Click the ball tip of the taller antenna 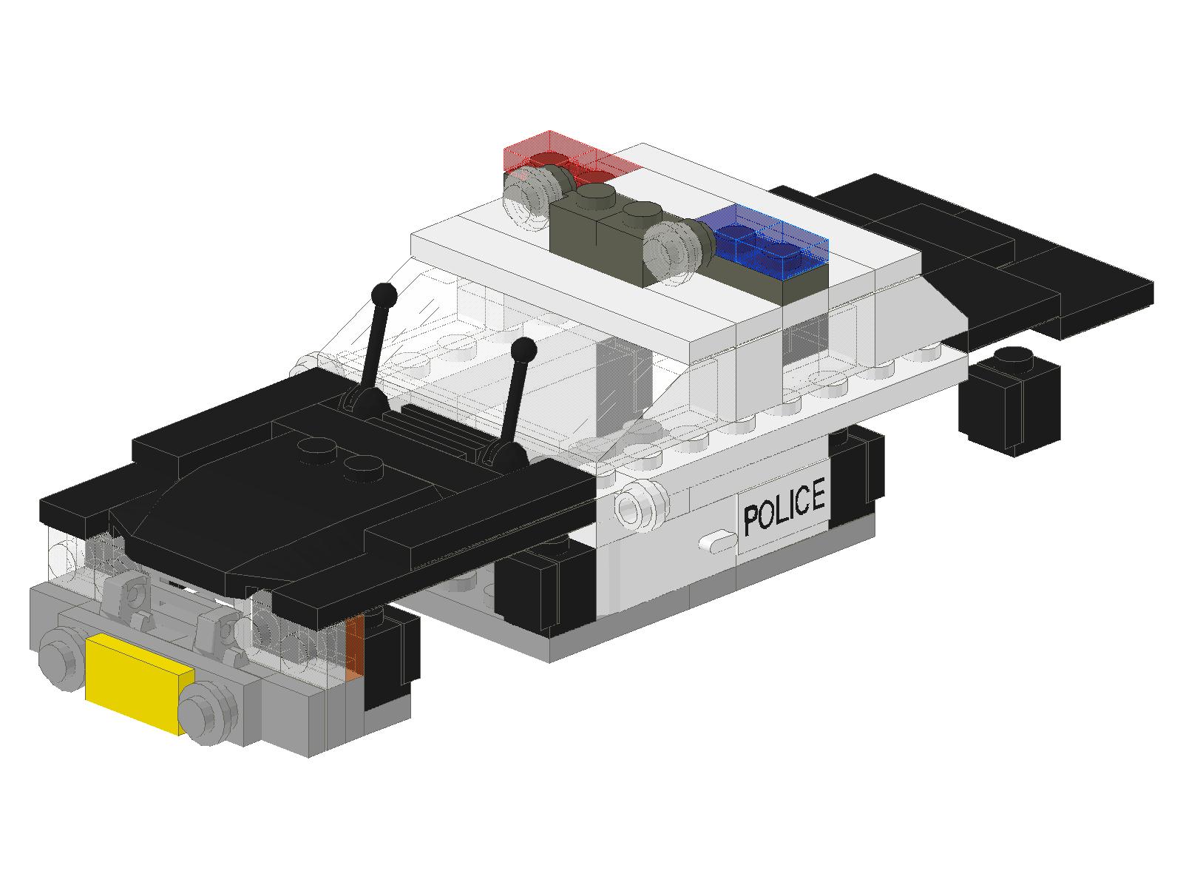[x=384, y=295]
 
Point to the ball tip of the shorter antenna [x=523, y=351]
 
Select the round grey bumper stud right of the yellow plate [x=208, y=713]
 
